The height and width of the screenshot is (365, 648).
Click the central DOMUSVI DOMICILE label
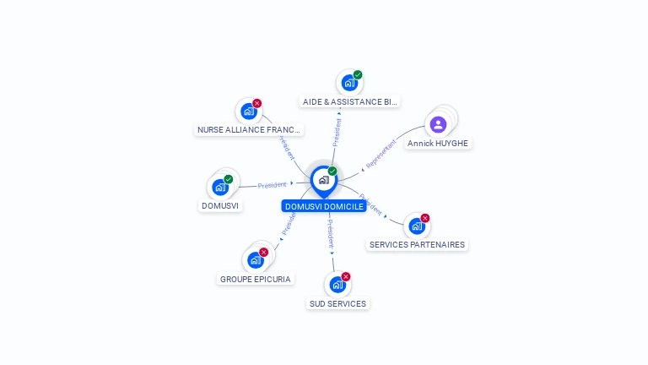324,206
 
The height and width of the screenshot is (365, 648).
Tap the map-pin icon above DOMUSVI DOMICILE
323,180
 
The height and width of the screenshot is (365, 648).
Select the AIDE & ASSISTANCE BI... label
349,101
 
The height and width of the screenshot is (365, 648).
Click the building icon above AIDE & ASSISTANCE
348,83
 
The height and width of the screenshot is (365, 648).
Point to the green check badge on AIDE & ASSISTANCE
358,75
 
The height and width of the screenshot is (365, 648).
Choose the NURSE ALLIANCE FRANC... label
248,130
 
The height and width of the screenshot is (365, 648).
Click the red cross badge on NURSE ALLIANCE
257,103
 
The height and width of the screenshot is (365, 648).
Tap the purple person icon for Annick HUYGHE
438,125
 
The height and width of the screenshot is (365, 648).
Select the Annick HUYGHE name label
438,144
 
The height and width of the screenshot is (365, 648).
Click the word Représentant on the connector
381,154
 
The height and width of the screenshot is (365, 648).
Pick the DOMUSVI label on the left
221,206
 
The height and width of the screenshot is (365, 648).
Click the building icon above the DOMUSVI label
220,187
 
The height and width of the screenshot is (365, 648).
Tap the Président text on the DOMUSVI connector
273,184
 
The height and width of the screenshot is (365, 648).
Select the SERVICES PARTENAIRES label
417,245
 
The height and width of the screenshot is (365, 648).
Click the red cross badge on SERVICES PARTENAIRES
425,218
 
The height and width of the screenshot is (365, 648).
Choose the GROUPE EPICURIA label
256,279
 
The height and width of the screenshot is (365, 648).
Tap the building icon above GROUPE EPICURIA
256,259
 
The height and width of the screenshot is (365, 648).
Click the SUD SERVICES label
337,303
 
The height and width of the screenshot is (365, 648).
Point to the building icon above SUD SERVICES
337,284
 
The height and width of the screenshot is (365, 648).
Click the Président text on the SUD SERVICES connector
330,233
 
